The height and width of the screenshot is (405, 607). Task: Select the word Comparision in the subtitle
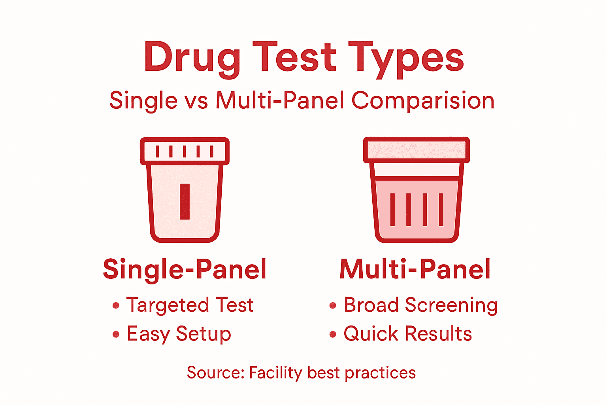(x=423, y=100)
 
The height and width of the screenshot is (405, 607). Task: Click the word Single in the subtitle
(x=143, y=100)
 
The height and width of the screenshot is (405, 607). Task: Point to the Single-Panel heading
(x=185, y=270)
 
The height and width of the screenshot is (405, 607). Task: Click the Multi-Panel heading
(x=415, y=270)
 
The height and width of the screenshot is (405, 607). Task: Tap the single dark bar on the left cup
(x=185, y=201)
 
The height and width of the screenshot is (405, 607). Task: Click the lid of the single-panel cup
(x=185, y=151)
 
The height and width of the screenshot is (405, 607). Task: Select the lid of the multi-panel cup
(x=416, y=150)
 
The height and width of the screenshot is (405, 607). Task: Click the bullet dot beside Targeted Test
(x=116, y=305)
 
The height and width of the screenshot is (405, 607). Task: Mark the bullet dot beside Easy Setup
(x=116, y=335)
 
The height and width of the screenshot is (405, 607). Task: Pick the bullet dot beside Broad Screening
(x=333, y=305)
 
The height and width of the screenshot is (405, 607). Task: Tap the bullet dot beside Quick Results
(x=333, y=335)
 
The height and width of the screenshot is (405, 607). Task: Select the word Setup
(x=203, y=335)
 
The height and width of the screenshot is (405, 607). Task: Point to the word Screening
(x=451, y=305)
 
